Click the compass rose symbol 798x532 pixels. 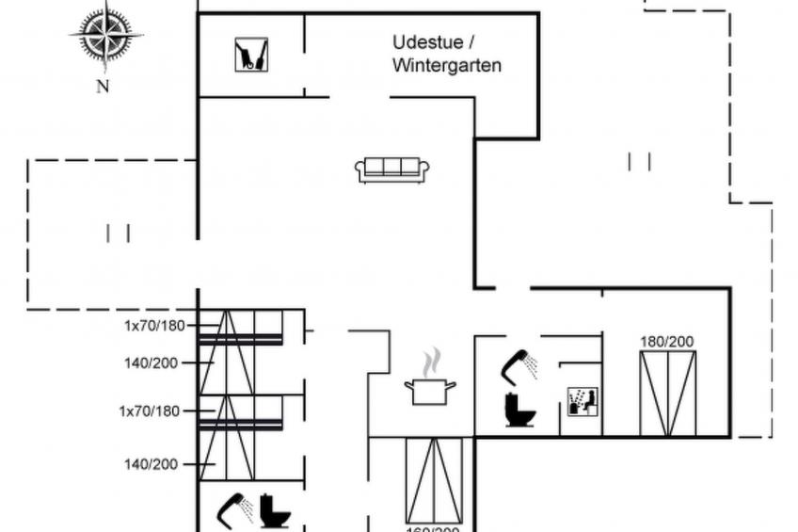[x=105, y=36]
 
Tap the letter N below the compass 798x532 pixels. [x=103, y=87]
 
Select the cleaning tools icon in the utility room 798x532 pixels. [x=251, y=55]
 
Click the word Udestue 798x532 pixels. [x=423, y=42]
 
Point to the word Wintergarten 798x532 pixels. [x=447, y=66]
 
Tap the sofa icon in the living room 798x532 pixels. [x=391, y=169]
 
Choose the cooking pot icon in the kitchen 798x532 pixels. [x=430, y=389]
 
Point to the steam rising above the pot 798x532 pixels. [x=430, y=362]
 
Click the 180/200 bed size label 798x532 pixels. [x=667, y=341]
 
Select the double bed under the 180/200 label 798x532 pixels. [x=667, y=393]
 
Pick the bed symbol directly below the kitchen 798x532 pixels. [x=434, y=480]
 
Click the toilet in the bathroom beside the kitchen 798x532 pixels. [x=519, y=411]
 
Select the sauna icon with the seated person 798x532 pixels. [x=583, y=402]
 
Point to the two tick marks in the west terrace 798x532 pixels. [x=118, y=233]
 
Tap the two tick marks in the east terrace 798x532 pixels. [x=639, y=162]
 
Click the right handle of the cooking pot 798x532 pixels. [x=452, y=384]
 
